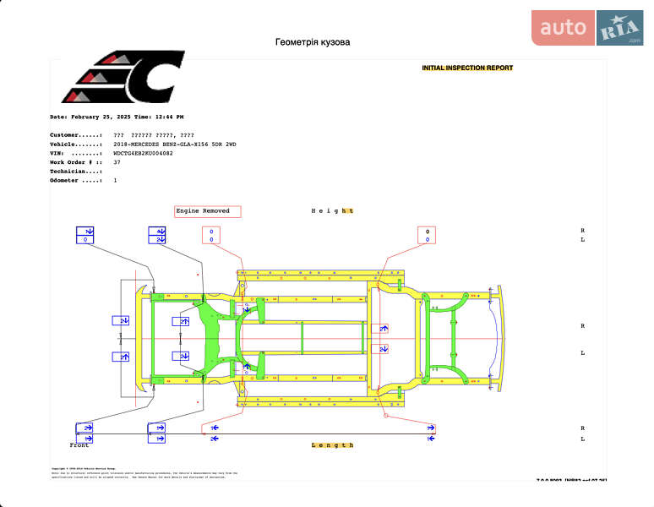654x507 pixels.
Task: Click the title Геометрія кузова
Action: tap(312, 42)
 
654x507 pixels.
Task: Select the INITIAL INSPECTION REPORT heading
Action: tap(467, 68)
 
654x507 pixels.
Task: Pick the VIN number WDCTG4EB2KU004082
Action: tap(143, 153)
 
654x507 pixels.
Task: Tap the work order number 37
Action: tap(117, 162)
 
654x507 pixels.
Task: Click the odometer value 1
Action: tap(115, 180)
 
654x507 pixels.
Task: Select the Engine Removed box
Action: tap(208, 211)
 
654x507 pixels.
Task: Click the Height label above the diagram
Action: tap(332, 210)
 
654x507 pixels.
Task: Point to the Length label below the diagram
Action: tap(332, 444)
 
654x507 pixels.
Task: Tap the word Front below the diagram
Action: tap(79, 444)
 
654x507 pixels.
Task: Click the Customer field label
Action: tap(76, 135)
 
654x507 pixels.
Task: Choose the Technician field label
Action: tap(76, 172)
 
